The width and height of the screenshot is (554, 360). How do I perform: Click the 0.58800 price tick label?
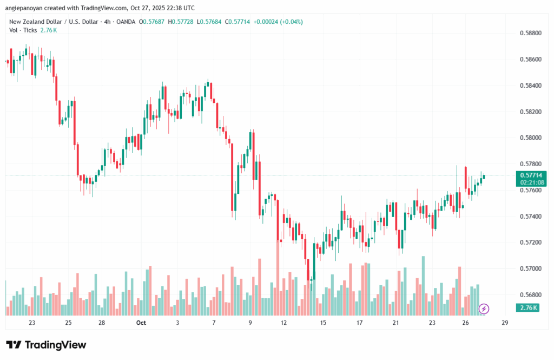tap(531, 33)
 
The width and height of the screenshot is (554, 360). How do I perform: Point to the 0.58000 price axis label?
tap(531, 138)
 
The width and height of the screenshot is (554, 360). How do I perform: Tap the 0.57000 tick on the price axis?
tap(531, 269)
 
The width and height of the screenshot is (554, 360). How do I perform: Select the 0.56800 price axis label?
tap(531, 295)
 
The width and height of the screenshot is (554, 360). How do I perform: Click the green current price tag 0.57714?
tap(532, 175)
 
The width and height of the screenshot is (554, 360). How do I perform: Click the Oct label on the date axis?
tap(141, 323)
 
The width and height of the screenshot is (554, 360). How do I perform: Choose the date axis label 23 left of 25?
tap(32, 323)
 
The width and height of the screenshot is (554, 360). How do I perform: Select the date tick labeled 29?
tap(505, 323)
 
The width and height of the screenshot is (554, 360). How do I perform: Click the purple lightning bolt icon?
tap(484, 309)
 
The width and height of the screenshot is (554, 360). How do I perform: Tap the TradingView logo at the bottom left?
tap(46, 345)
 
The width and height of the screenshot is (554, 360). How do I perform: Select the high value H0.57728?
tap(183, 22)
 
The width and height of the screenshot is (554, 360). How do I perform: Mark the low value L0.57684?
tap(214, 22)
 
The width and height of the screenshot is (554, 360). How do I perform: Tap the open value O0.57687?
tap(153, 22)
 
